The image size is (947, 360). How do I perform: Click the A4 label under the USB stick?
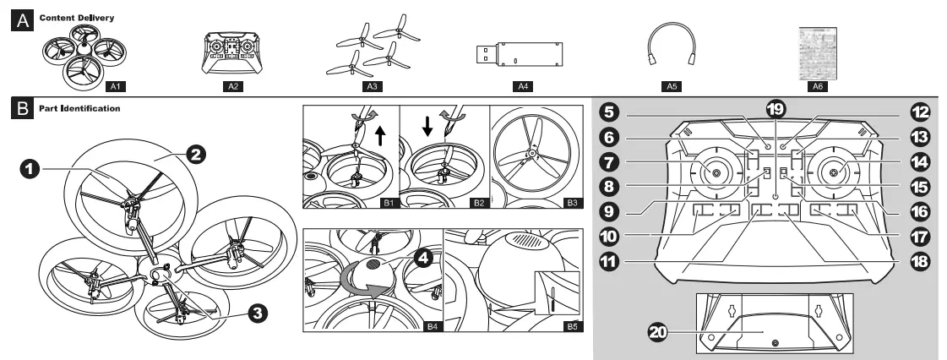coord(520,85)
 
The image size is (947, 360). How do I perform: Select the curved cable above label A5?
coord(671,47)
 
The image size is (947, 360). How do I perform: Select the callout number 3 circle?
coord(259,312)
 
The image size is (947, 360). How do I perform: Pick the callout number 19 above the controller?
coord(775,110)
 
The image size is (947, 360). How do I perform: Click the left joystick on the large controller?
coord(716,172)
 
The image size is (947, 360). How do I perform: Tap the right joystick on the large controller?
coord(835,172)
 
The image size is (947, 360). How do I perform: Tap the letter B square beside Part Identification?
coord(14,109)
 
